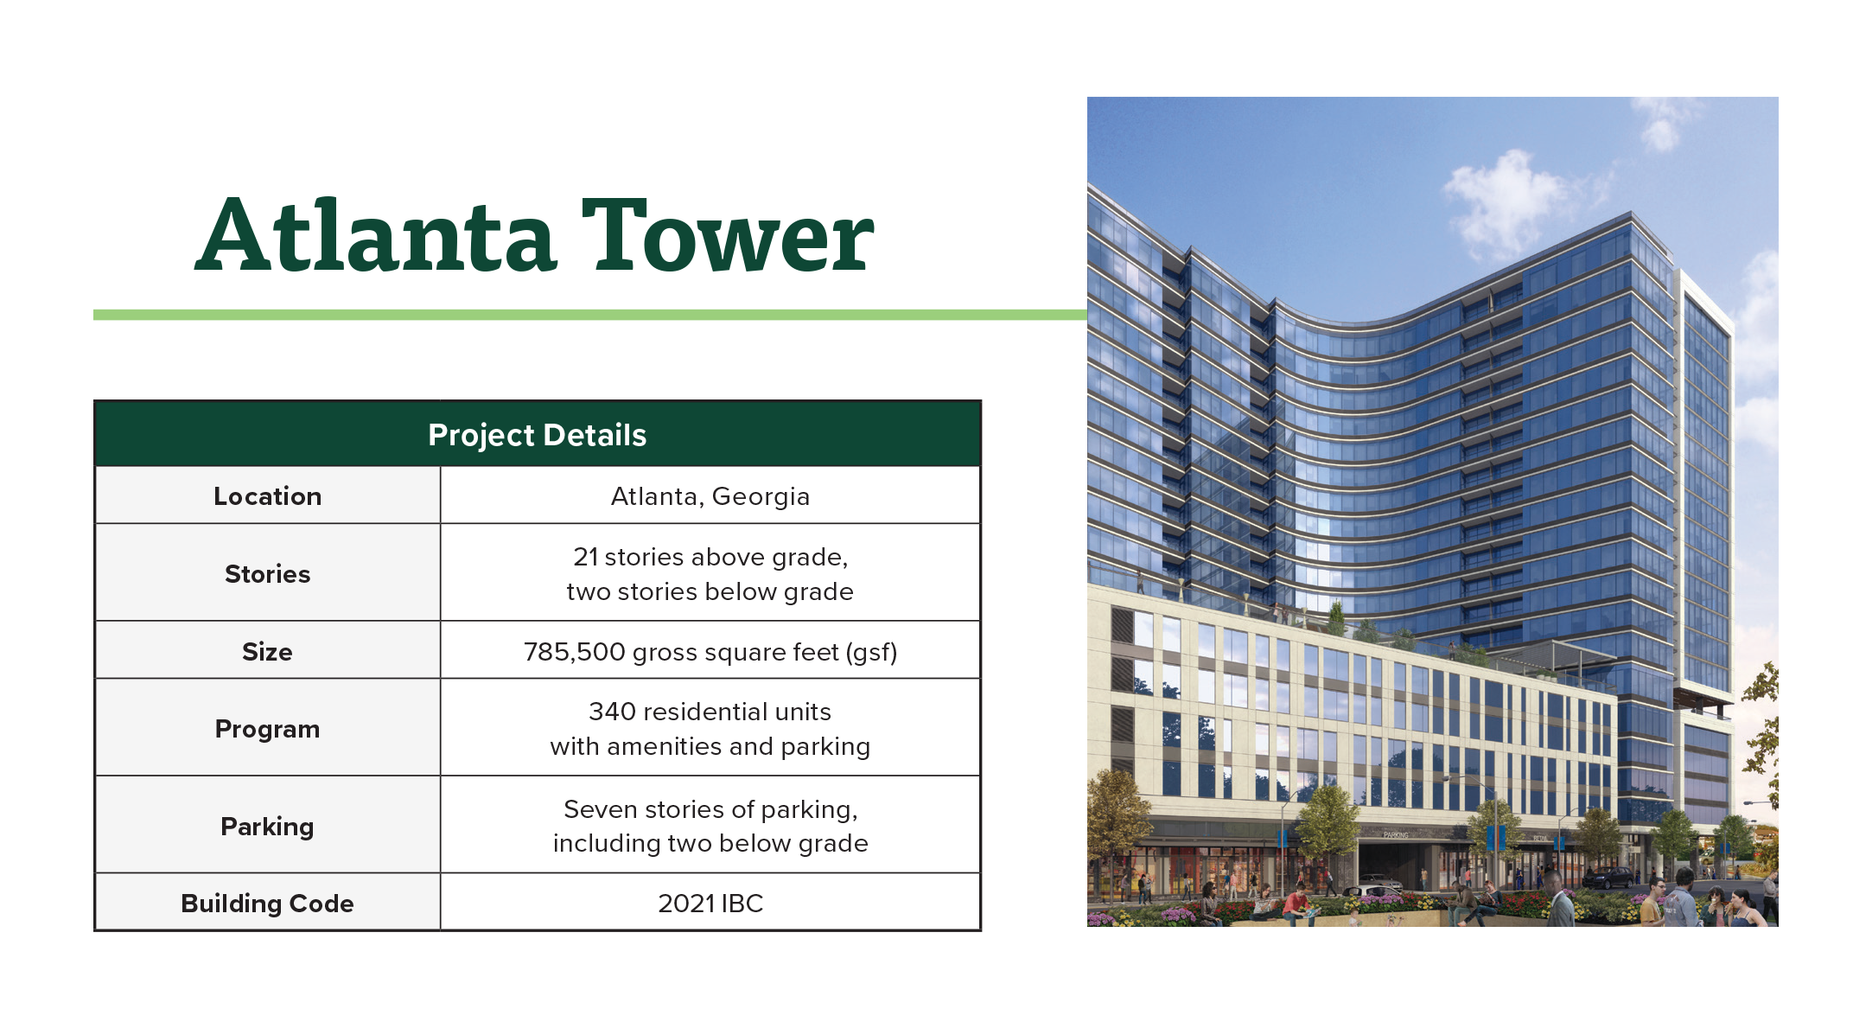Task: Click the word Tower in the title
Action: point(727,234)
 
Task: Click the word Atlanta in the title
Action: point(375,234)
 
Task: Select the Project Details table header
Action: point(538,435)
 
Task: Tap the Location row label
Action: point(268,496)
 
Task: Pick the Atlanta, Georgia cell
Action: point(710,496)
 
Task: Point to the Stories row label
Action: point(268,573)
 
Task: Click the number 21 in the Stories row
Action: point(585,557)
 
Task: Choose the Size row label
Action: point(268,651)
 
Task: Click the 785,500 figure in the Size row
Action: point(575,652)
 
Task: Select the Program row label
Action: point(268,730)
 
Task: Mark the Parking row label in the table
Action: point(268,827)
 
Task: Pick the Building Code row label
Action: point(268,904)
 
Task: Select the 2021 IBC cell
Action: point(710,904)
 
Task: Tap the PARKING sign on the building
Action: point(1396,835)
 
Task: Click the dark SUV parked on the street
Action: point(1608,878)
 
